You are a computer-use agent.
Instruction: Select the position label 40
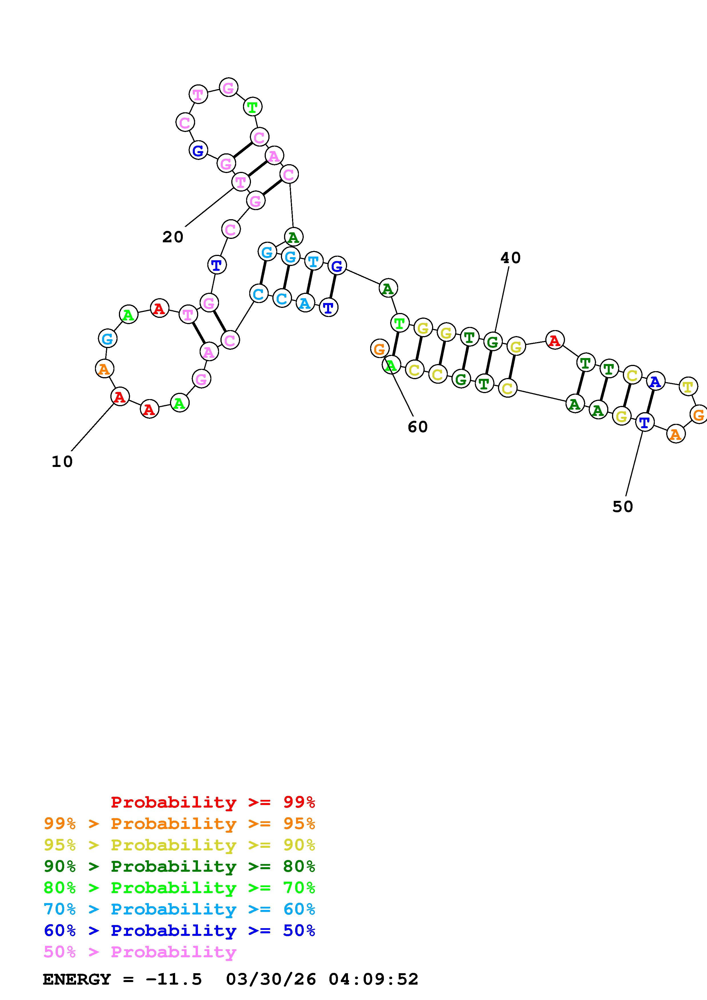tap(510, 258)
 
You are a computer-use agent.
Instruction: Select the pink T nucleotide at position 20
tap(240, 182)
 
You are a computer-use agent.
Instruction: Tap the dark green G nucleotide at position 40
tap(492, 342)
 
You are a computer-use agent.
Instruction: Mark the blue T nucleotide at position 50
tap(644, 422)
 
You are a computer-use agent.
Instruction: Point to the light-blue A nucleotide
tap(305, 303)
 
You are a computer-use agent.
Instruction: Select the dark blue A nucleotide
tap(655, 382)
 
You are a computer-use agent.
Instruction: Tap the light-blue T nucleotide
tap(313, 261)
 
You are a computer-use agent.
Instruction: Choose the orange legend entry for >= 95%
tap(179, 823)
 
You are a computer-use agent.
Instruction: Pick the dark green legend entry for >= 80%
tap(179, 866)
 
